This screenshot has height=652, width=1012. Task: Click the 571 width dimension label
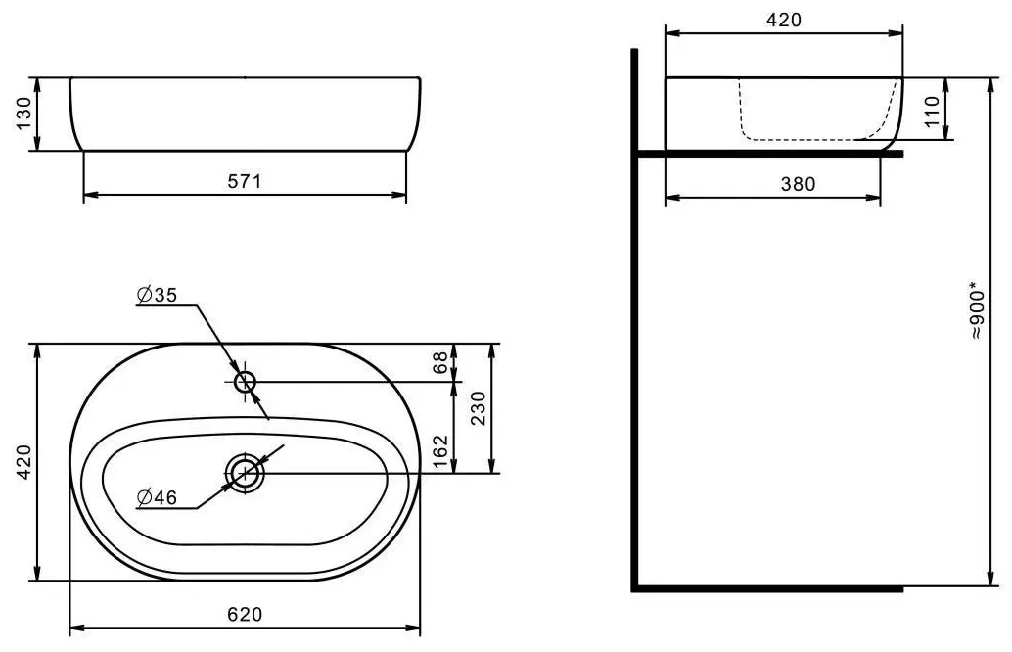(x=245, y=181)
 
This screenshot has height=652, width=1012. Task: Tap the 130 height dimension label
(x=23, y=114)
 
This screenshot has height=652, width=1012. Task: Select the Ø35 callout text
(x=157, y=295)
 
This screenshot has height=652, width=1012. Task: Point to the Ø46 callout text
(x=157, y=497)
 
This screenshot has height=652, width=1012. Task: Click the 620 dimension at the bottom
(x=246, y=614)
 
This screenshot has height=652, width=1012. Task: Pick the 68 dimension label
(x=439, y=362)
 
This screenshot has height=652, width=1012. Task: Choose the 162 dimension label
(x=439, y=452)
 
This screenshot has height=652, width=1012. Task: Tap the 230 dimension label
(x=479, y=408)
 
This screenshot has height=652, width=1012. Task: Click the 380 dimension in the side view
(x=799, y=184)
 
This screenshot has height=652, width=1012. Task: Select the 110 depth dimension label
(x=932, y=111)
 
